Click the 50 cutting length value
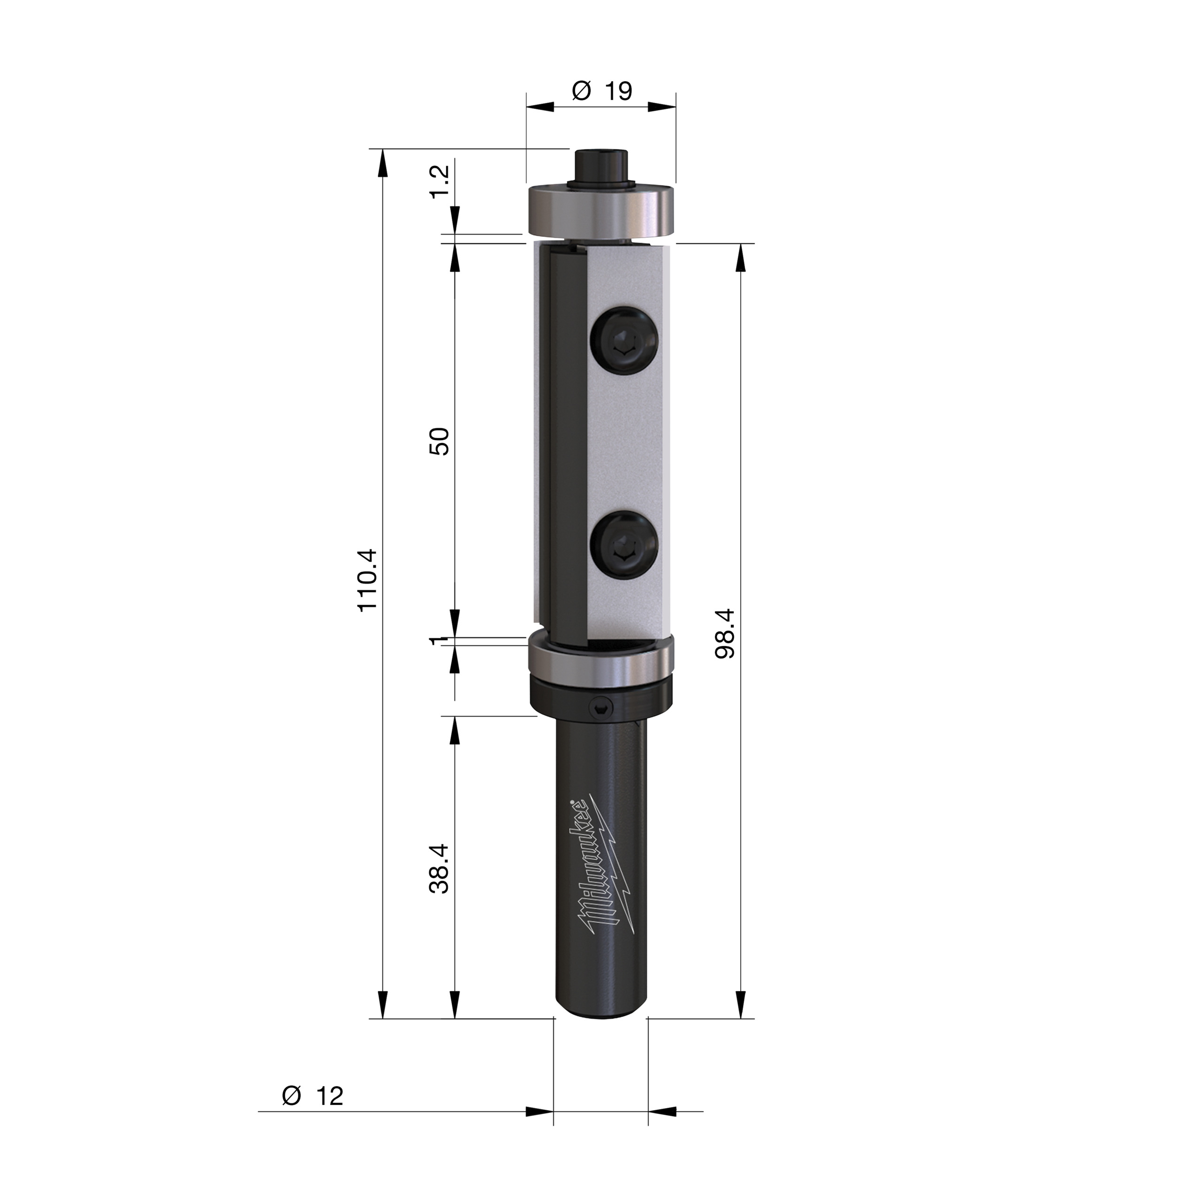click(x=440, y=441)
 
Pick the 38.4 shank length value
click(x=440, y=868)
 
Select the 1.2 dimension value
click(x=440, y=182)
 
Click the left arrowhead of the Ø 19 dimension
click(x=540, y=107)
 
